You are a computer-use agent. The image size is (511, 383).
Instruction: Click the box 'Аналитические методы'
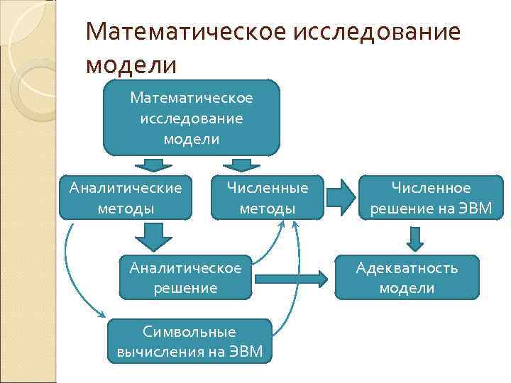[x=125, y=198]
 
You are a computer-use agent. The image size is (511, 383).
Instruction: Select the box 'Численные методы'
[x=268, y=198]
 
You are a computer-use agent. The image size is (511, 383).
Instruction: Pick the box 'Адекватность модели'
[x=407, y=277]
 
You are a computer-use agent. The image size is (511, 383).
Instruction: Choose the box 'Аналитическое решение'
[x=185, y=277]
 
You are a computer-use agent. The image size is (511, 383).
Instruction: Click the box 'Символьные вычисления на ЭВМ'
[x=189, y=341]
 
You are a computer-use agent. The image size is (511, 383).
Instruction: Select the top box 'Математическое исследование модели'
[x=191, y=117]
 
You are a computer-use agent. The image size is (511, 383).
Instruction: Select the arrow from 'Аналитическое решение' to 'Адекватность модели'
[x=291, y=277]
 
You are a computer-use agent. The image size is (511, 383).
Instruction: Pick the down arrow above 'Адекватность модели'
[x=414, y=238]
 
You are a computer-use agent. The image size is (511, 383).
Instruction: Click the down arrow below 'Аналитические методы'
[x=152, y=237]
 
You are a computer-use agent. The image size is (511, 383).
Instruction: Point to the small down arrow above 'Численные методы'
[x=241, y=166]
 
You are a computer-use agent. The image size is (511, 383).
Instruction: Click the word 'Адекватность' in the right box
[x=407, y=267]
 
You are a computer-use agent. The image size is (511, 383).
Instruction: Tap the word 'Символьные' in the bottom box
[x=189, y=331]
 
